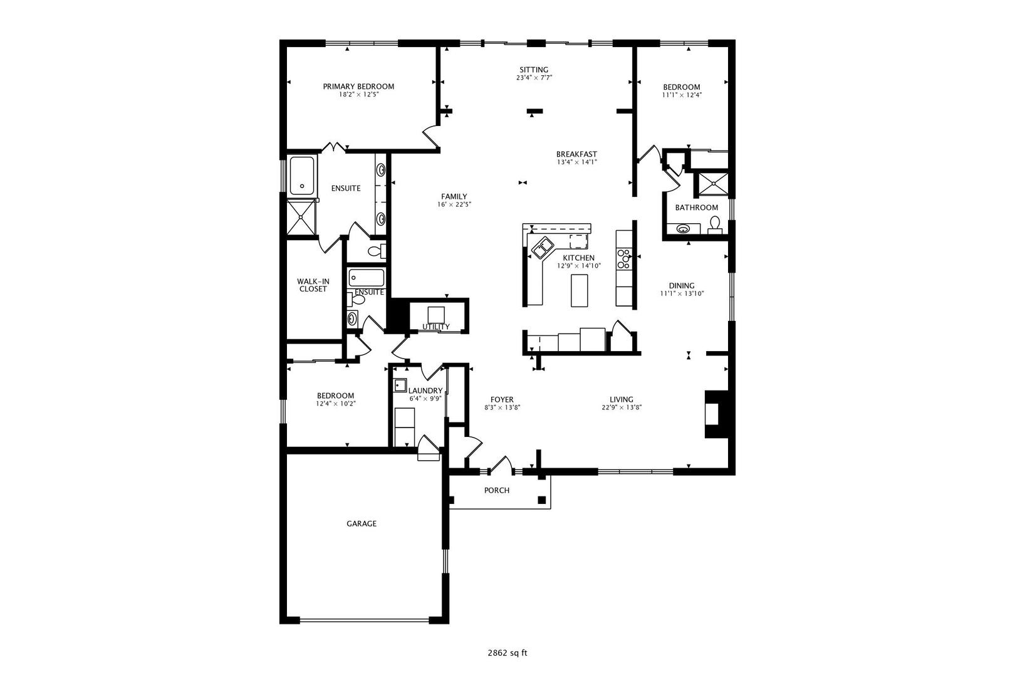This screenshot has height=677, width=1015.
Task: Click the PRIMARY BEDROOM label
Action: [x=358, y=87]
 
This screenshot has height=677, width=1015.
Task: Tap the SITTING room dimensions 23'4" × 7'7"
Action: [x=534, y=78]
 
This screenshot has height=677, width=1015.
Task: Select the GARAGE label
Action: [x=362, y=523]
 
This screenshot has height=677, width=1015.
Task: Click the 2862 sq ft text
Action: [x=507, y=653]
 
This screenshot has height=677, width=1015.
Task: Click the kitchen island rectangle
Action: [x=580, y=290]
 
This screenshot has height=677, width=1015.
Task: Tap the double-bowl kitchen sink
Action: [x=542, y=248]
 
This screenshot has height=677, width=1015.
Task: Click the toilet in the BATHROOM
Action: [x=715, y=224]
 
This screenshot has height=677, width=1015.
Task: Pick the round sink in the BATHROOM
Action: [x=683, y=228]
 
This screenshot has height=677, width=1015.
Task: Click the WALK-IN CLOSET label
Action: [x=313, y=285]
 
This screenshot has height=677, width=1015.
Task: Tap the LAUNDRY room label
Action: [x=425, y=391]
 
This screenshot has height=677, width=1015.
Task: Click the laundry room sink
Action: [x=400, y=385]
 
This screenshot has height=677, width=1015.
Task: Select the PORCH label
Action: [x=497, y=490]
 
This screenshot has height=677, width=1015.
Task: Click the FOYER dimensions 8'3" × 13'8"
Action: [x=502, y=407]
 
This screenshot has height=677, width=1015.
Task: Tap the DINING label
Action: [x=681, y=285]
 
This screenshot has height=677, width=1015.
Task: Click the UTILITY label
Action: [x=435, y=327]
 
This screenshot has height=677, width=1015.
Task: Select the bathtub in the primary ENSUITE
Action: [x=301, y=175]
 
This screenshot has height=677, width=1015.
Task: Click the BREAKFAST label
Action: [x=576, y=154]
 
